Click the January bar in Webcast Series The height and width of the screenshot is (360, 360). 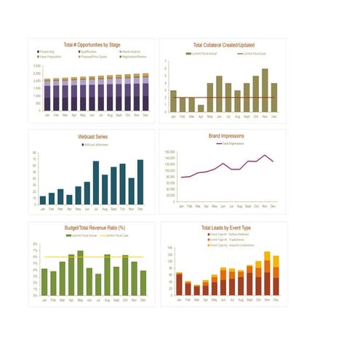pos(43,200)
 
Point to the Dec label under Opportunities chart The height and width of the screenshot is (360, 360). pos(145,115)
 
